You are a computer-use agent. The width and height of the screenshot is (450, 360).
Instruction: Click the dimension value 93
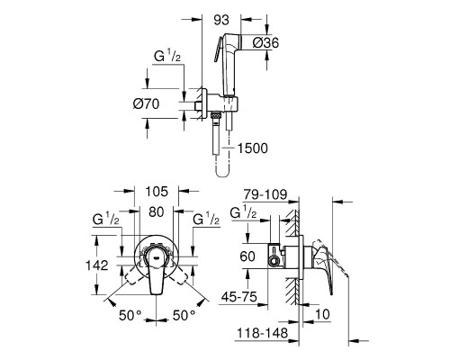(221, 20)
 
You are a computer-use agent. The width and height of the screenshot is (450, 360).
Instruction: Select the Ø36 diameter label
(265, 42)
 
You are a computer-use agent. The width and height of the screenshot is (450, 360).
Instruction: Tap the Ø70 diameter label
(146, 104)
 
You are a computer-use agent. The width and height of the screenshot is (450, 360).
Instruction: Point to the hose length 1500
(253, 148)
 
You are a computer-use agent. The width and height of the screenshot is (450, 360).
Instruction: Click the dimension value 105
(157, 192)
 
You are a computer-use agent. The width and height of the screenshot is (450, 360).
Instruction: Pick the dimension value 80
(157, 212)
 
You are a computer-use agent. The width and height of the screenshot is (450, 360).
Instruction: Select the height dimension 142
(96, 265)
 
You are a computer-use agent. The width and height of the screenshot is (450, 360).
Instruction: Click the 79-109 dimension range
(265, 194)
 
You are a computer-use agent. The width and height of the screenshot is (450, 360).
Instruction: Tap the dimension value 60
(247, 256)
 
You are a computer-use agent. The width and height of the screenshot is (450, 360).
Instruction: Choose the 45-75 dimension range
(239, 297)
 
